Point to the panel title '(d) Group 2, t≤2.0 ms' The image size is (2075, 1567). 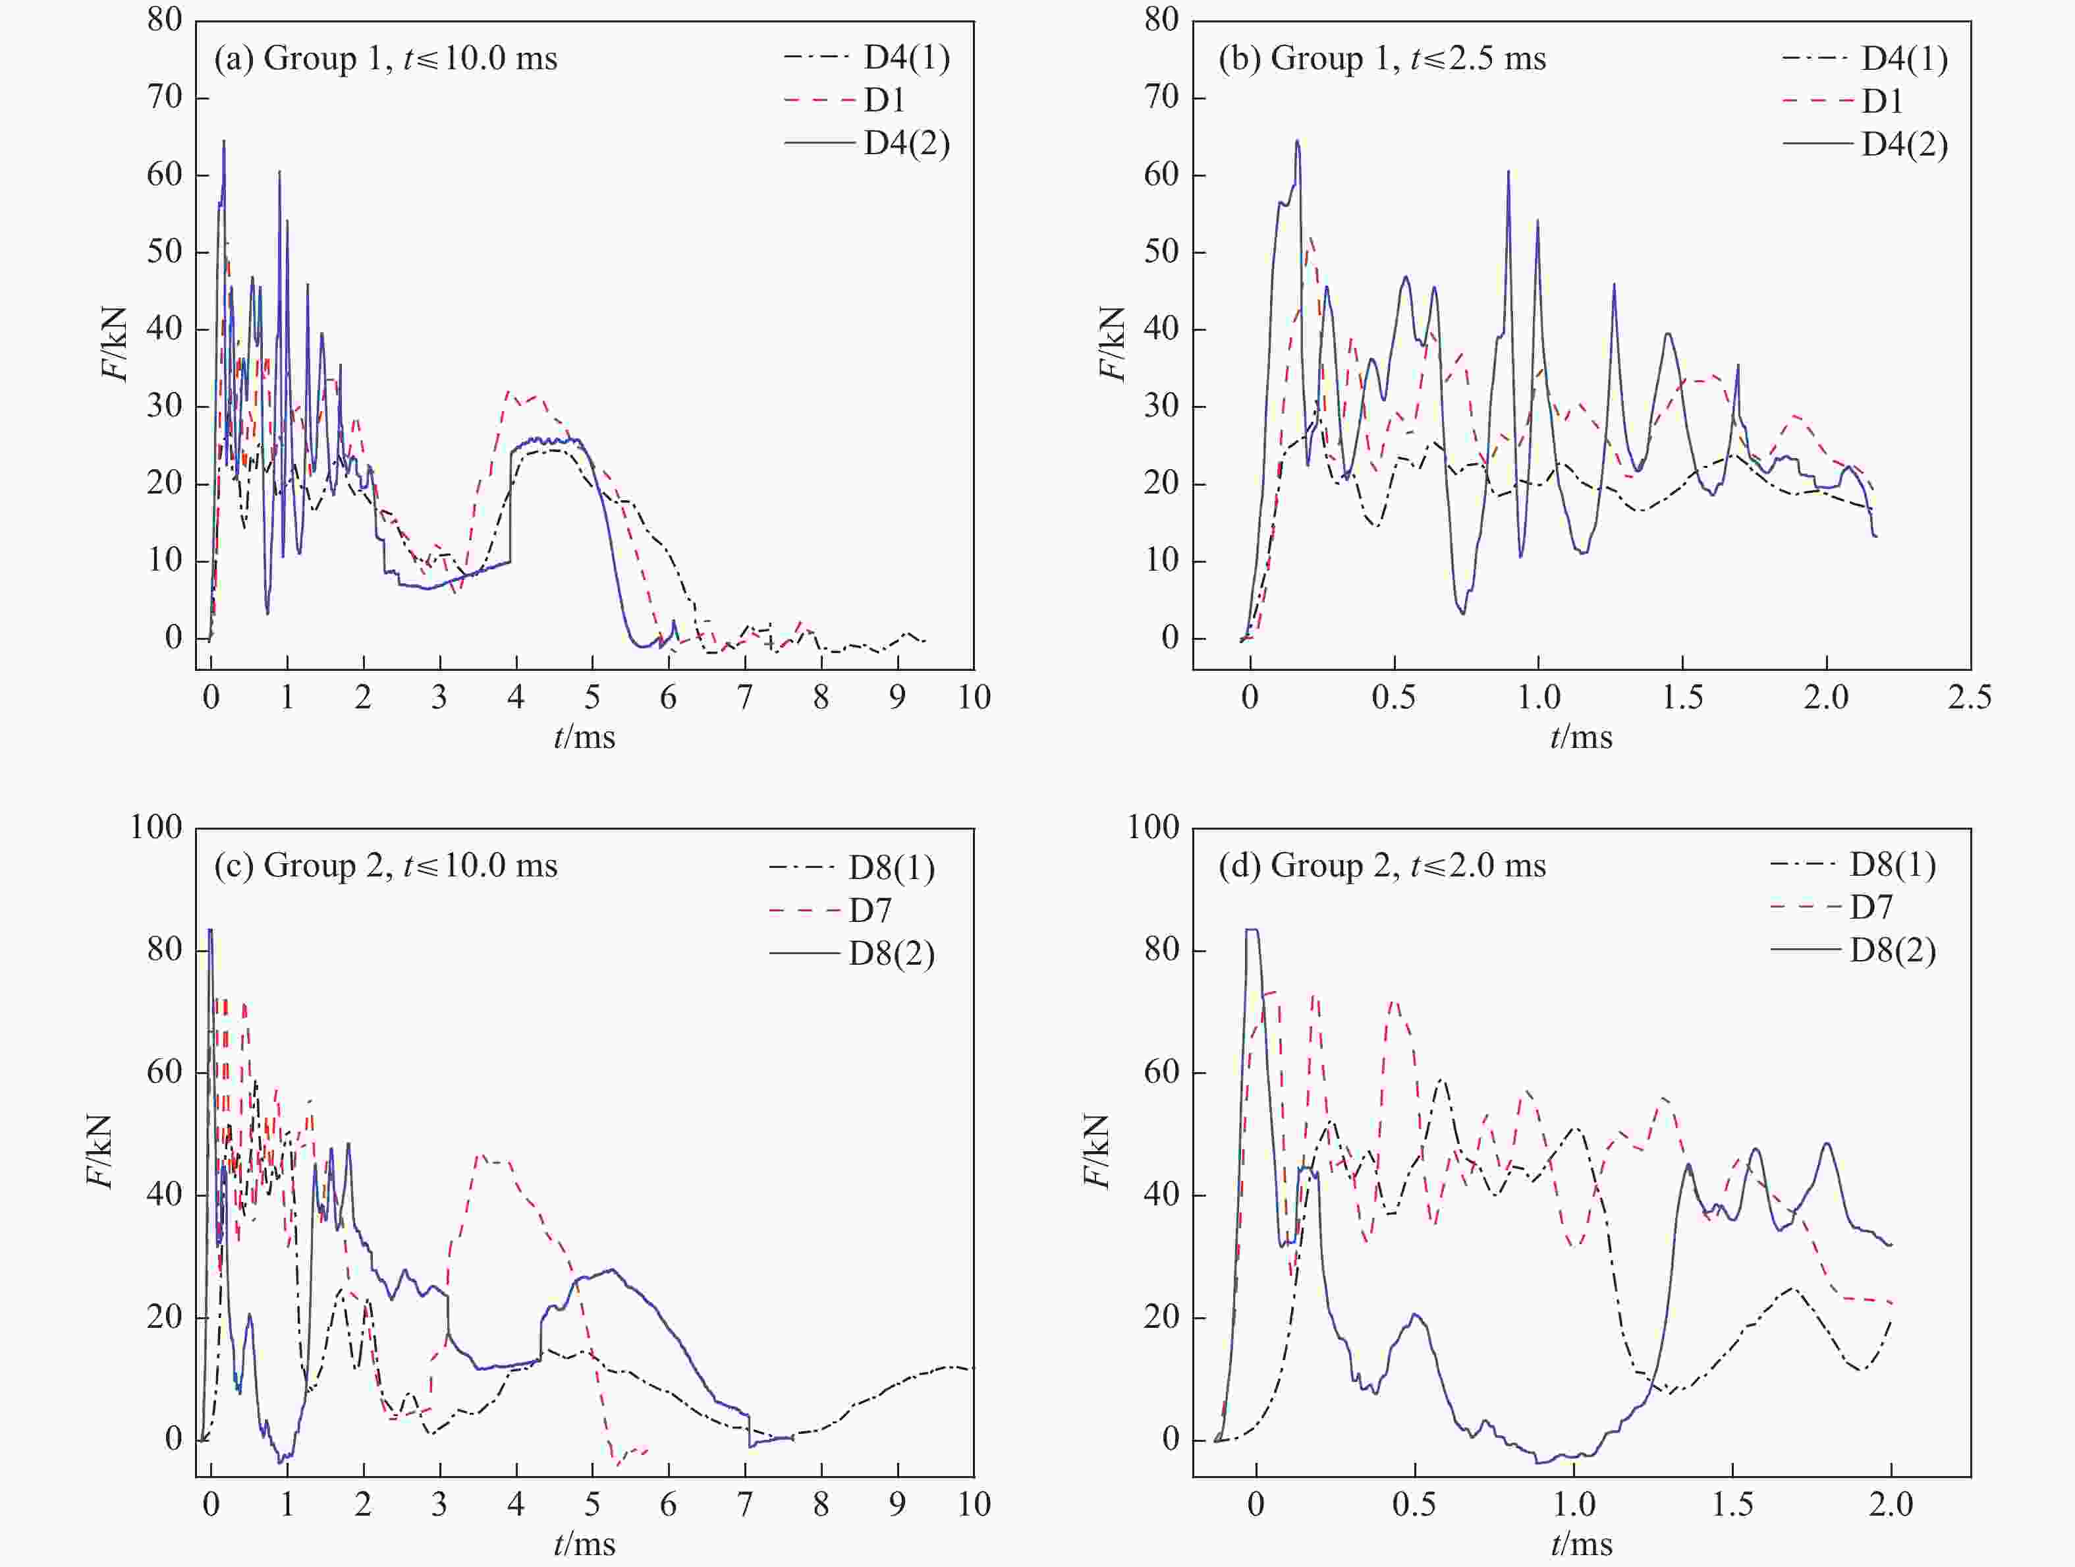tap(1382, 865)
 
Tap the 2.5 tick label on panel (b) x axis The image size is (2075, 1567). tap(1969, 698)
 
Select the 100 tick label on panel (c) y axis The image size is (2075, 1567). tap(155, 828)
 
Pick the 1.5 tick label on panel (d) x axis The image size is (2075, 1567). tap(1732, 1505)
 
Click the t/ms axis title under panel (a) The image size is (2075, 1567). tap(584, 737)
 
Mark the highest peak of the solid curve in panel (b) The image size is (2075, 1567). tap(1297, 142)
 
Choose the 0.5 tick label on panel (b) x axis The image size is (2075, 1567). tap(1394, 698)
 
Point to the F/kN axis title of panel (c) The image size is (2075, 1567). tap(100, 1151)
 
